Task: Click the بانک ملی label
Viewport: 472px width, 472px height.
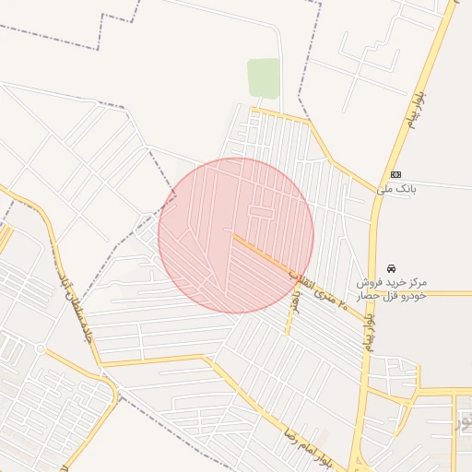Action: click(396, 188)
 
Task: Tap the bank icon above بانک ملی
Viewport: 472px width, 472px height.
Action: click(396, 174)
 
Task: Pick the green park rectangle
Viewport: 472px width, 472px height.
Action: click(263, 77)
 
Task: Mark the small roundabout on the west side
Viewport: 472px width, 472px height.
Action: click(41, 348)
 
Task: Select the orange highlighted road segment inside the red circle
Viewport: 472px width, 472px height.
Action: click(263, 255)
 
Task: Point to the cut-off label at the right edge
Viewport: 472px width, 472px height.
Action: click(464, 423)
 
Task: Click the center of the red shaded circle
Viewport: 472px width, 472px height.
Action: click(236, 235)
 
